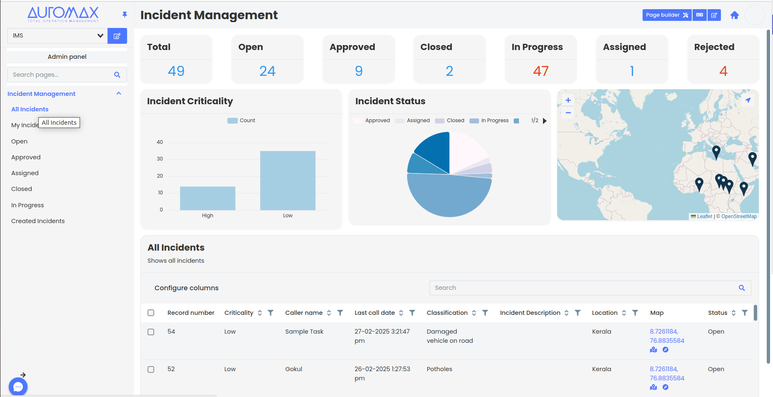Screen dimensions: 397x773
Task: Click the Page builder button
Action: coord(666,15)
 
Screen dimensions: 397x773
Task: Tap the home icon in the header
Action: coord(734,15)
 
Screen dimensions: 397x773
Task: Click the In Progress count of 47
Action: coord(540,71)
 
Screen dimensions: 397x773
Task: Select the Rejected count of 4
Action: coord(723,71)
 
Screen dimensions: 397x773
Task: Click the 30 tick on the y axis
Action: coord(160,159)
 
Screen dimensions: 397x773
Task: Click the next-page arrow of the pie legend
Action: coord(545,121)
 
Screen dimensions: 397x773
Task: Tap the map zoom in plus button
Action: coord(568,101)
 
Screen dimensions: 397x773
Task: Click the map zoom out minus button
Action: coord(568,113)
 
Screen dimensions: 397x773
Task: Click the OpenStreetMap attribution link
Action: coord(739,216)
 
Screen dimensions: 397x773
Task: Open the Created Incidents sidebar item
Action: coord(38,221)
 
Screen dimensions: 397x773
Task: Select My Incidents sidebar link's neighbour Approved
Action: coord(26,157)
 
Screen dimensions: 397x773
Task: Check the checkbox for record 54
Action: coord(151,332)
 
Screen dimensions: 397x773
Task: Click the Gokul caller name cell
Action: coord(294,369)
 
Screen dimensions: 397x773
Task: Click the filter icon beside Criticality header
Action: coord(270,313)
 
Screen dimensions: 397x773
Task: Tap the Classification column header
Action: coord(447,313)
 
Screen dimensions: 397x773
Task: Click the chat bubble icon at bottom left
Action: coord(18,387)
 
